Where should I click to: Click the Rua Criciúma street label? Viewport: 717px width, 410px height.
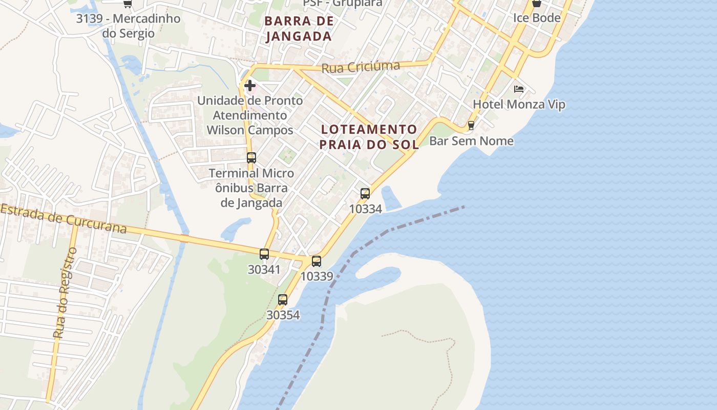click(x=361, y=67)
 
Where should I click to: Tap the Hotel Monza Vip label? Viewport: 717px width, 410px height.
click(x=519, y=105)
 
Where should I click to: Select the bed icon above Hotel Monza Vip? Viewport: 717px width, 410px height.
click(x=519, y=89)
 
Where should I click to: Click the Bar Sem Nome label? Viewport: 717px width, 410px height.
click(x=471, y=141)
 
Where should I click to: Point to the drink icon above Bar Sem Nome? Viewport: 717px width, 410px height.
click(x=471, y=125)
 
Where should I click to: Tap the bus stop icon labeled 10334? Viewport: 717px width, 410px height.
click(x=365, y=194)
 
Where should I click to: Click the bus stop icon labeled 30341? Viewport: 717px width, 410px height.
click(x=264, y=254)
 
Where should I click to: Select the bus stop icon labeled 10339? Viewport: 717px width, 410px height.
click(x=317, y=261)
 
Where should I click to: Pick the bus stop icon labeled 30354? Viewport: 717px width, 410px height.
click(x=283, y=300)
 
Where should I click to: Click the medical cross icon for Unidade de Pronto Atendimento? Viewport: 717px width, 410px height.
click(x=250, y=85)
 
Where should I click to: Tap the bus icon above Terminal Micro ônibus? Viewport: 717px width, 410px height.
click(x=251, y=158)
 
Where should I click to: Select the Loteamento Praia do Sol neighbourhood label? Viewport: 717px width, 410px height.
click(x=369, y=137)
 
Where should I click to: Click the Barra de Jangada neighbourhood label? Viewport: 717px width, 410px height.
click(x=300, y=29)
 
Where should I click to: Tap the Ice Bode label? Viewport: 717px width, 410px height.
click(x=537, y=18)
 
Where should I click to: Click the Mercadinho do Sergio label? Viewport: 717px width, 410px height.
click(x=128, y=26)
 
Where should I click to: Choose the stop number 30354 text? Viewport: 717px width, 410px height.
click(x=283, y=315)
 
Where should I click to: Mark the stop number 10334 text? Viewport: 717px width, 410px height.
click(x=365, y=209)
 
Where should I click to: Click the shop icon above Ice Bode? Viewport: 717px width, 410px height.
click(x=536, y=4)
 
